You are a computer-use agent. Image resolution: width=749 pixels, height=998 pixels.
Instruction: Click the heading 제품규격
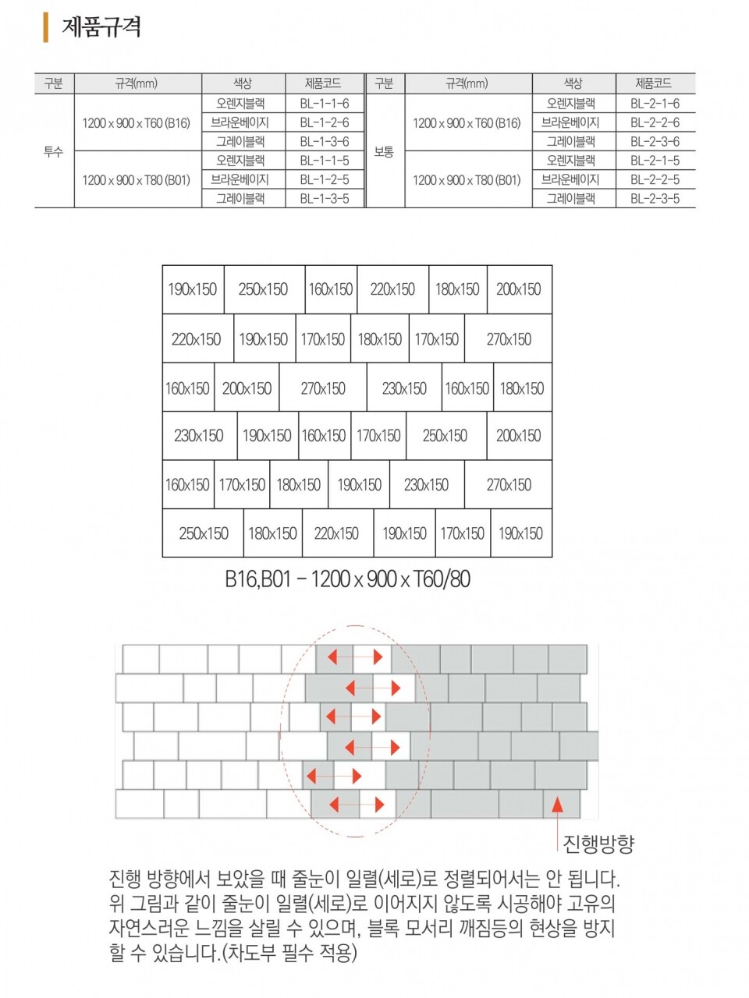[101, 27]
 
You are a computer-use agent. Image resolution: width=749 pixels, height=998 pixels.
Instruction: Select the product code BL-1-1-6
[324, 104]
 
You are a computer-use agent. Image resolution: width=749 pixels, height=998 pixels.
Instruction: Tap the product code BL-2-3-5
[655, 199]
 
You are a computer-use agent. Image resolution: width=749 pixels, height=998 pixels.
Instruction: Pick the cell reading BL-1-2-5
[324, 179]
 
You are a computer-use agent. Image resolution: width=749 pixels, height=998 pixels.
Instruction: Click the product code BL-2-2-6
[655, 122]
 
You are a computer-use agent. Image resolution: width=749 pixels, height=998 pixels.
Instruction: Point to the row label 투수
[53, 152]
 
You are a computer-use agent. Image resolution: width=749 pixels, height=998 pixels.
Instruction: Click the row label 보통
[384, 152]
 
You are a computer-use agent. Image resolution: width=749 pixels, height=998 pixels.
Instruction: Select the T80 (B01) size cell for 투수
[137, 180]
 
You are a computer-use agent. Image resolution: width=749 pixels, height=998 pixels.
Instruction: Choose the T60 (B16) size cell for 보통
[467, 123]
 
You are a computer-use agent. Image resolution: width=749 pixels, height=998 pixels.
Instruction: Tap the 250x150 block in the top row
[263, 289]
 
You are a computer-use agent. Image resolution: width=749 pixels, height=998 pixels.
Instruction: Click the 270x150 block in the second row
[509, 339]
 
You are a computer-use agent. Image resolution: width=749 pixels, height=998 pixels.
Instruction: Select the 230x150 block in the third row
[404, 388]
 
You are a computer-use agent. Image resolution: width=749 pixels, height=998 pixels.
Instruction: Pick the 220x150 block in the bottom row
[336, 534]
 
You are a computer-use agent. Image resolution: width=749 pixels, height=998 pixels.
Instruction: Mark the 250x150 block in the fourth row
[445, 436]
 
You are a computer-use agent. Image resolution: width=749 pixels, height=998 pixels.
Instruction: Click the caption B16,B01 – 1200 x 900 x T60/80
[348, 579]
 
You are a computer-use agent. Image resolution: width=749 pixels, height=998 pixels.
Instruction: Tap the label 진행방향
[598, 844]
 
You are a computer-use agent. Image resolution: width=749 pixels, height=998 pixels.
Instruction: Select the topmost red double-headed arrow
[355, 657]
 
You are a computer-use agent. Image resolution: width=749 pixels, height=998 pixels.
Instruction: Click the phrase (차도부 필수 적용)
[290, 953]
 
